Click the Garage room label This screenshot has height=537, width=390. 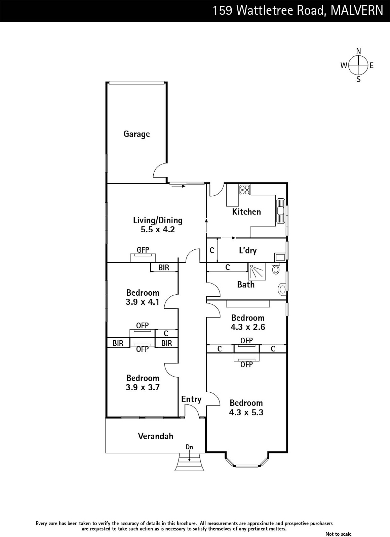[x=136, y=134]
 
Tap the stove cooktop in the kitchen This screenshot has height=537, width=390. [x=245, y=190]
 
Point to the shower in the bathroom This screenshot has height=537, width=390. [x=257, y=272]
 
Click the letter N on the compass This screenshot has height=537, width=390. [x=358, y=51]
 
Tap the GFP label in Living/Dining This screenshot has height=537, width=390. [x=143, y=250]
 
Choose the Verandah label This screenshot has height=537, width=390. [x=156, y=436]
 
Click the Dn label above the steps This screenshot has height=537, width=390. [x=190, y=447]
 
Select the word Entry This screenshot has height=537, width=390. [x=191, y=399]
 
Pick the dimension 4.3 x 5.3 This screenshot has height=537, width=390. [x=246, y=412]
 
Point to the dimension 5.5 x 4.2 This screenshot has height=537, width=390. [x=158, y=230]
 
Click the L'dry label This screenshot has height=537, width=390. [x=248, y=250]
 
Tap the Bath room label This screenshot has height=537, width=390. [x=246, y=285]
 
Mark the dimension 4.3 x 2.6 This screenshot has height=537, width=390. [x=248, y=327]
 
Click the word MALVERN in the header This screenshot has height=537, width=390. [x=357, y=10]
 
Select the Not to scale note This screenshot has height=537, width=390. [x=338, y=534]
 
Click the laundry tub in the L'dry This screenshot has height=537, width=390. [x=280, y=257]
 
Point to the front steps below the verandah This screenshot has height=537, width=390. [x=190, y=462]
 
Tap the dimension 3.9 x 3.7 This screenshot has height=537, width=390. [x=143, y=387]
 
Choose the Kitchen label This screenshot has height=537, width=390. [x=246, y=212]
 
